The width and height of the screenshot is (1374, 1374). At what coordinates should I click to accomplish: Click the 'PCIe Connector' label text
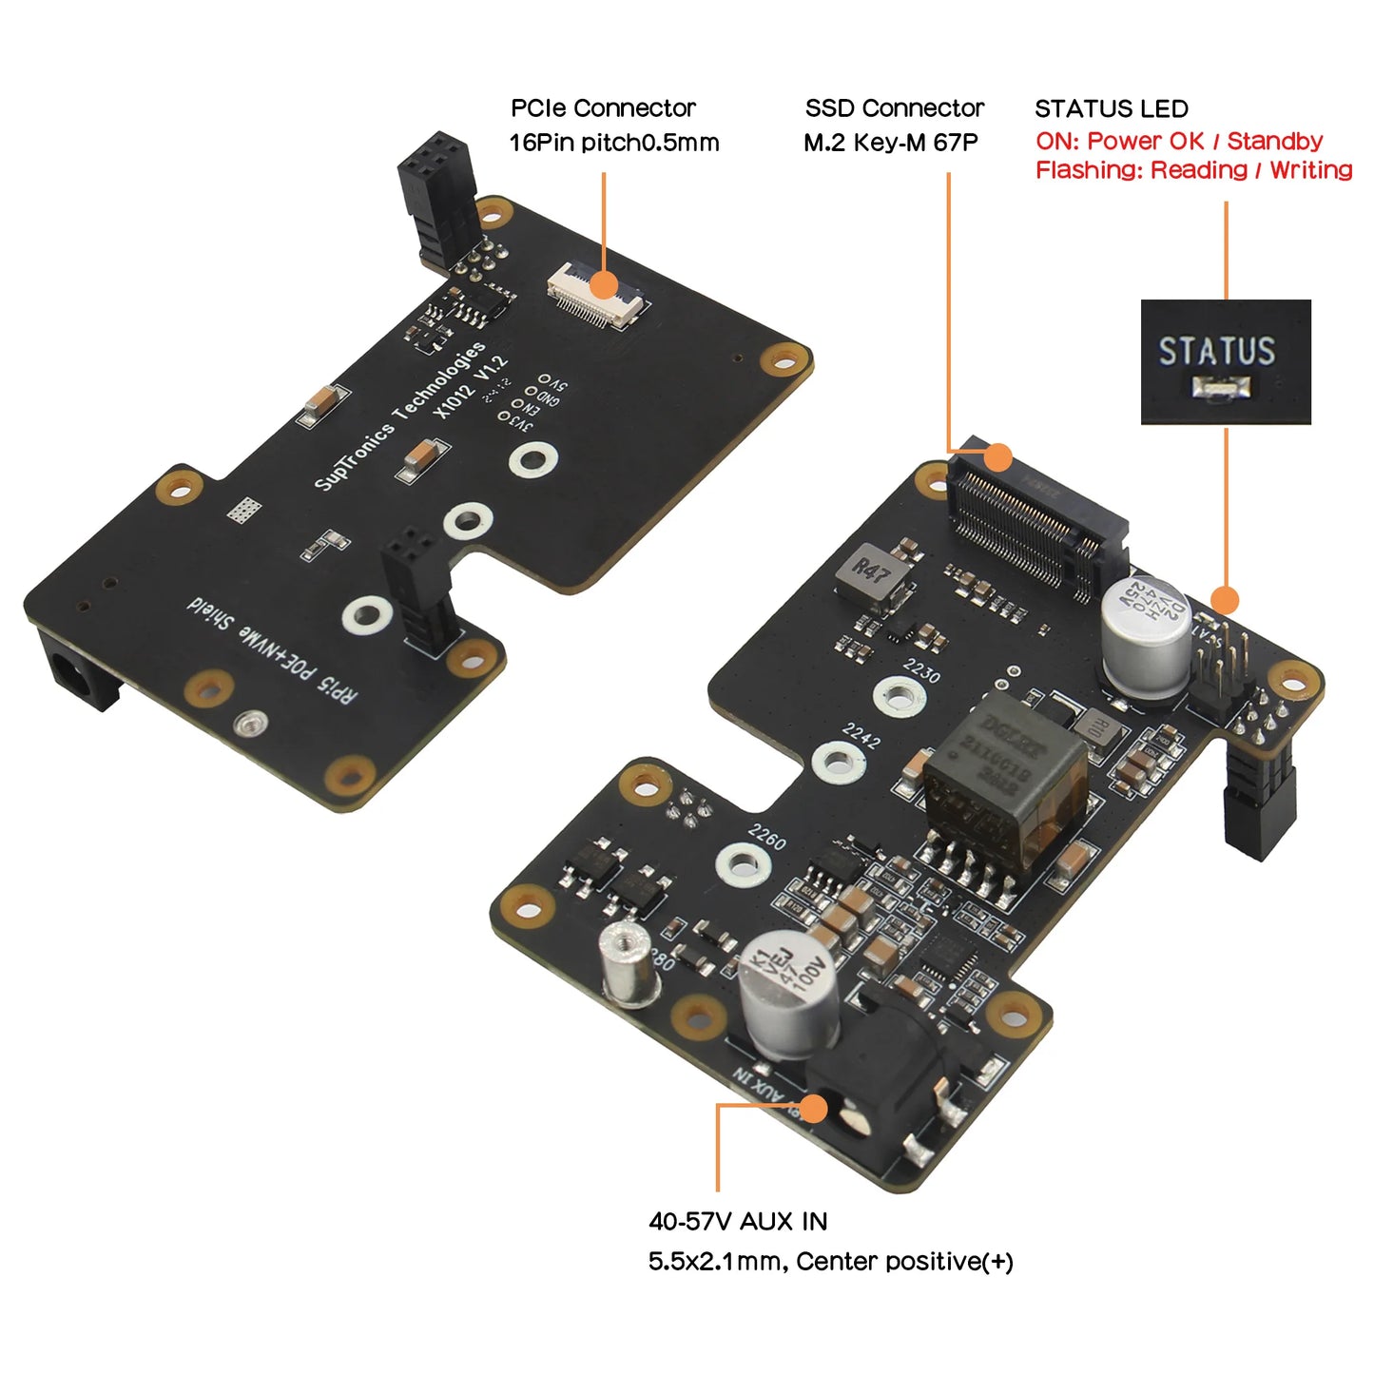[603, 107]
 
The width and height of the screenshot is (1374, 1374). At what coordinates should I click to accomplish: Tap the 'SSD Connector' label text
[894, 107]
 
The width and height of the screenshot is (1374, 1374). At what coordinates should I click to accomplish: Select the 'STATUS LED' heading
[1111, 108]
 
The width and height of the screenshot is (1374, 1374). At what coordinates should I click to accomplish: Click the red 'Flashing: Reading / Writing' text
[1193, 170]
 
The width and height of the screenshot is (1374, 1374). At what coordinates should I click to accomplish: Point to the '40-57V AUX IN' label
[738, 1221]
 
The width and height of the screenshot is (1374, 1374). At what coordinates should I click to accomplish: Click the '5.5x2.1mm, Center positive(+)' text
[830, 1262]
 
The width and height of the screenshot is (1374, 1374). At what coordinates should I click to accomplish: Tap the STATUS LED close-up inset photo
[1225, 361]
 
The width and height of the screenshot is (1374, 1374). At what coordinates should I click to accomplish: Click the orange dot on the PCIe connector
[603, 284]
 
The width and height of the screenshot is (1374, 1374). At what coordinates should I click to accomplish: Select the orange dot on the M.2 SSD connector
[997, 457]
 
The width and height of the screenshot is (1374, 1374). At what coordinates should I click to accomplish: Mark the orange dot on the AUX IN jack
[813, 1108]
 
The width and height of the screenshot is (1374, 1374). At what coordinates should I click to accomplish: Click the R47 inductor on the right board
[869, 575]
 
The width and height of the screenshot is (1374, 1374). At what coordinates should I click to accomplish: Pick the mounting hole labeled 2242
[837, 761]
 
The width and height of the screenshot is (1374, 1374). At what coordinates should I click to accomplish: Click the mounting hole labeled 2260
[743, 862]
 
